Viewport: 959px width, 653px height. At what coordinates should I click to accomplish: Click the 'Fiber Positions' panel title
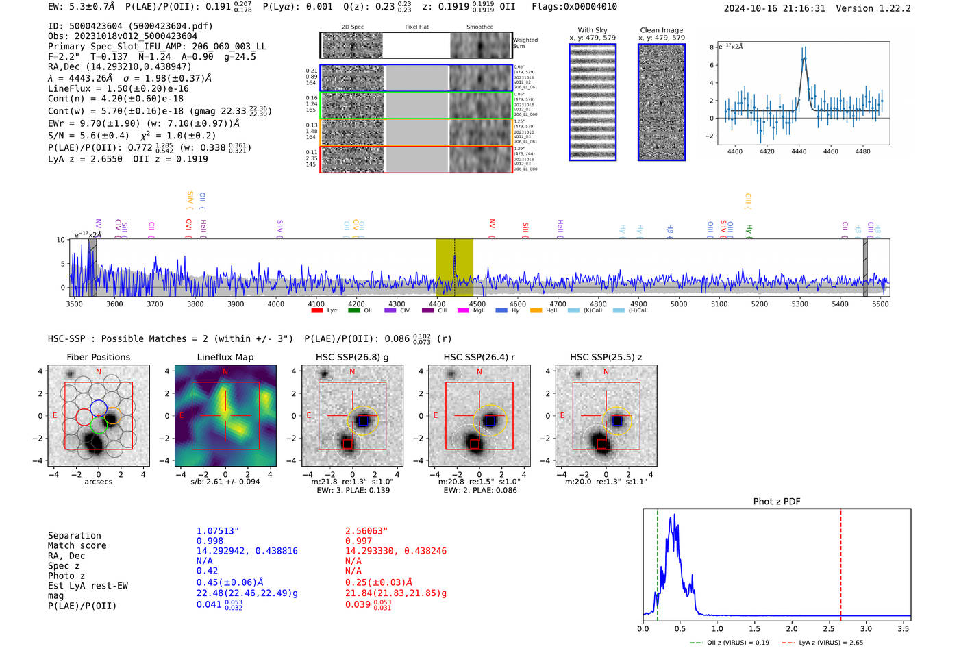98,357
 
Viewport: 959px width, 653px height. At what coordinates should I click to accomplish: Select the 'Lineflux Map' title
225,357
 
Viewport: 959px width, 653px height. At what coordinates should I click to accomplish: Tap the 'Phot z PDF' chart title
776,502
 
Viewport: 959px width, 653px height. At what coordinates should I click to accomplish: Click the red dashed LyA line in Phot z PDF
840,562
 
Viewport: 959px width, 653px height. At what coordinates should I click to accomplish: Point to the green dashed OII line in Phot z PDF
658,562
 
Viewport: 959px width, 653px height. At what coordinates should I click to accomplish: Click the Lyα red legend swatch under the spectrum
317,311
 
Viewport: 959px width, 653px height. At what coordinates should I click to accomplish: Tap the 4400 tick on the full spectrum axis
436,304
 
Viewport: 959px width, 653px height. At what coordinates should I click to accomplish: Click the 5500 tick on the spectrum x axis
880,304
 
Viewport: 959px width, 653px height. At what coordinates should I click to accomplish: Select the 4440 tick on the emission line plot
799,151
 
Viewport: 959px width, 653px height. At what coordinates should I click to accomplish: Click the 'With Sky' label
593,30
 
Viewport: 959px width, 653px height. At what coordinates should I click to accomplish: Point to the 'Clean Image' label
661,30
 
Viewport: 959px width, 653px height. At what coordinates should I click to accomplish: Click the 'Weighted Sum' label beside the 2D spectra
525,43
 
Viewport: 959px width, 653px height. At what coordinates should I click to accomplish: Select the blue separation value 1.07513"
218,531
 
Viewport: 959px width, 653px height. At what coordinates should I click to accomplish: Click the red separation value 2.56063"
366,531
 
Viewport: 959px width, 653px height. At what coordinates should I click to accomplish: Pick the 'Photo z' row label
66,576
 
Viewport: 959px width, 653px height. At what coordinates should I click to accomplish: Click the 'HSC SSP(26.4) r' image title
479,357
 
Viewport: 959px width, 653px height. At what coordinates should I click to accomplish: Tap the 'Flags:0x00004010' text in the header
574,7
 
